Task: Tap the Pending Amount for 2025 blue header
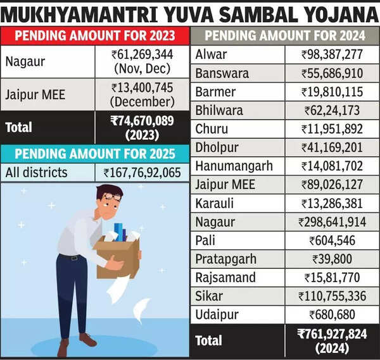coord(95,154)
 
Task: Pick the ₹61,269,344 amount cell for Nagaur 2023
coord(142,61)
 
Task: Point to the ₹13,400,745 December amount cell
coord(142,94)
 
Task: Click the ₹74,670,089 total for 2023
coord(142,127)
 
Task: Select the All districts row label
coord(36,172)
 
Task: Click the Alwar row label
coord(210,54)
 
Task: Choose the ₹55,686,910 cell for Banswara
coord(332,73)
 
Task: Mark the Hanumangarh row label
coord(234,166)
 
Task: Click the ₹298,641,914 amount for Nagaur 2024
coord(332,222)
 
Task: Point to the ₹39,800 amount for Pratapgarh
coord(332,259)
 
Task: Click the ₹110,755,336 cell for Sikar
coord(332,296)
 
